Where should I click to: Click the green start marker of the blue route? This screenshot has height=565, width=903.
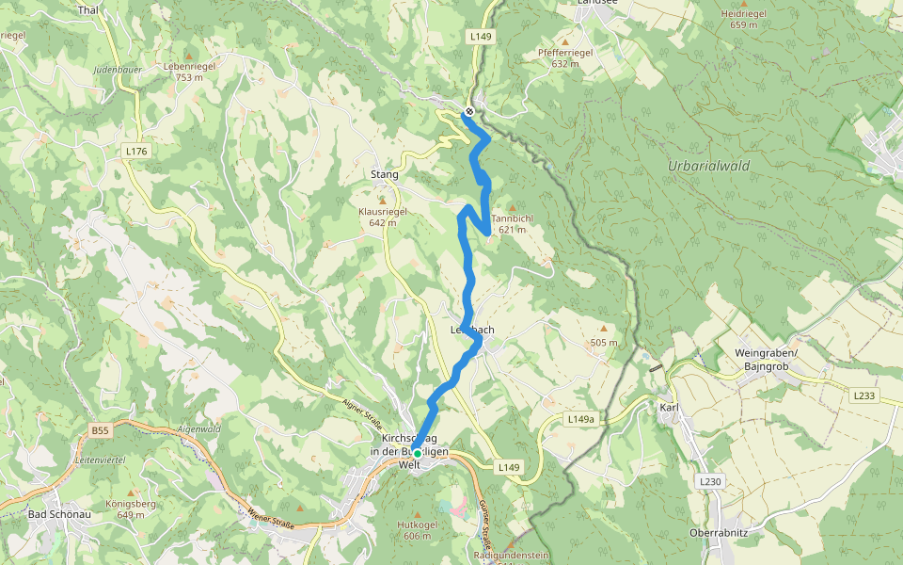[418, 453]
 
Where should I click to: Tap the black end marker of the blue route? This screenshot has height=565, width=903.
[468, 111]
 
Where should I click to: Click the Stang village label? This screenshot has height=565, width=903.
[384, 174]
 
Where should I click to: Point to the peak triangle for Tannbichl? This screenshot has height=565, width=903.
[512, 207]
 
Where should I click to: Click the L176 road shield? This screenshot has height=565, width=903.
[136, 151]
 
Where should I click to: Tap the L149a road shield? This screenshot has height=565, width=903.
[583, 418]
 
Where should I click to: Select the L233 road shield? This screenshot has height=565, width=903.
[864, 396]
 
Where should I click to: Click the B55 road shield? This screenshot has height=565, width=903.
[101, 430]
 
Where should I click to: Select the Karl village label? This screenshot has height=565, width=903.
[669, 408]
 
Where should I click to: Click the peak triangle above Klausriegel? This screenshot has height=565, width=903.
[382, 200]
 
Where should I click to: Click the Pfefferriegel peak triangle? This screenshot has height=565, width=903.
[565, 41]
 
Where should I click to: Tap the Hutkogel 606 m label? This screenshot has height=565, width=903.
[418, 529]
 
